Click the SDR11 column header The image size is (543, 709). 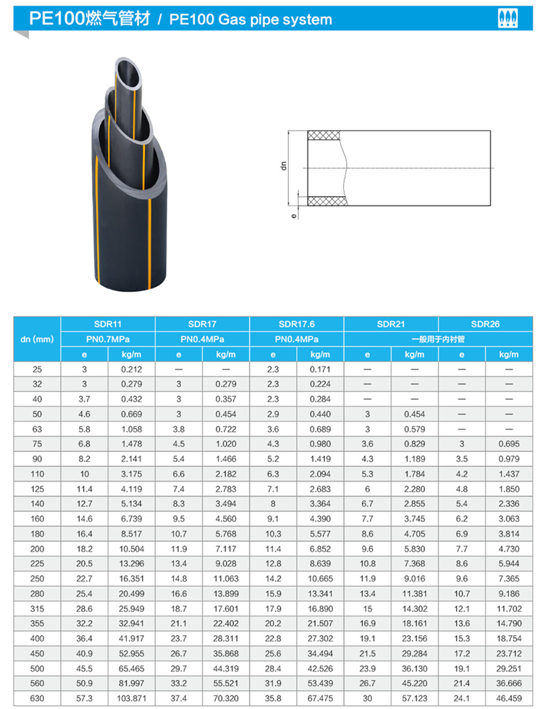click(x=108, y=324)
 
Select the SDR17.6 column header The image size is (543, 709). click(x=297, y=324)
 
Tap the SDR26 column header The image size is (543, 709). click(x=485, y=324)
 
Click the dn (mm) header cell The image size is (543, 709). click(x=37, y=339)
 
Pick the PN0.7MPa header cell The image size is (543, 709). click(x=108, y=339)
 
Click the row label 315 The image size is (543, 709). click(x=37, y=608)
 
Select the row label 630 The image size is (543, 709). click(x=37, y=698)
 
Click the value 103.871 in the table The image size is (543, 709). click(x=132, y=698)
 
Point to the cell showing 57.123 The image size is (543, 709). click(x=415, y=698)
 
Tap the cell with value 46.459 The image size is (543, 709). click(x=509, y=698)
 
